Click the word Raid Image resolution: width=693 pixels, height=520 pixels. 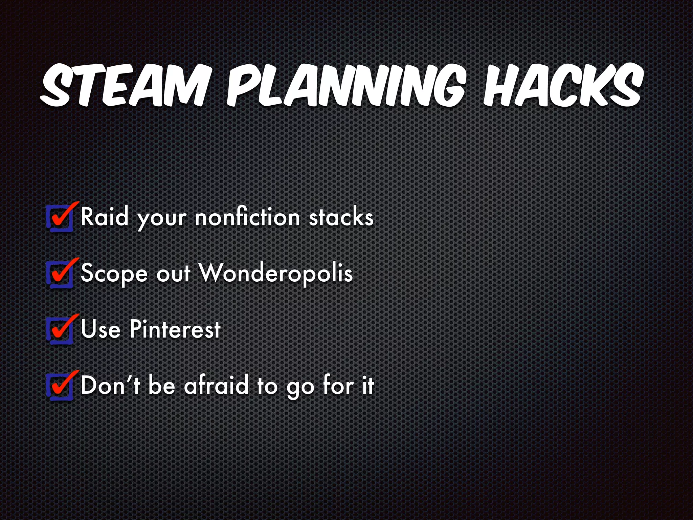click(105, 217)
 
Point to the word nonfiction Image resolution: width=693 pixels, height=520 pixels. click(247, 217)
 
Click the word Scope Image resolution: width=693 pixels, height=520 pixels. click(114, 273)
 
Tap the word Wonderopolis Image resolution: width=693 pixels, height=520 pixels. click(275, 273)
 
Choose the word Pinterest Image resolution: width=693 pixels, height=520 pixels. click(175, 329)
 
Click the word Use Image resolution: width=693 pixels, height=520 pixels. click(100, 329)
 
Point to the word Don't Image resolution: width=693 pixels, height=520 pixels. click(110, 385)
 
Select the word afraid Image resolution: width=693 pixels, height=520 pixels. click(216, 385)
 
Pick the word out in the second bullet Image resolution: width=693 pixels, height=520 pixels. click(174, 273)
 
